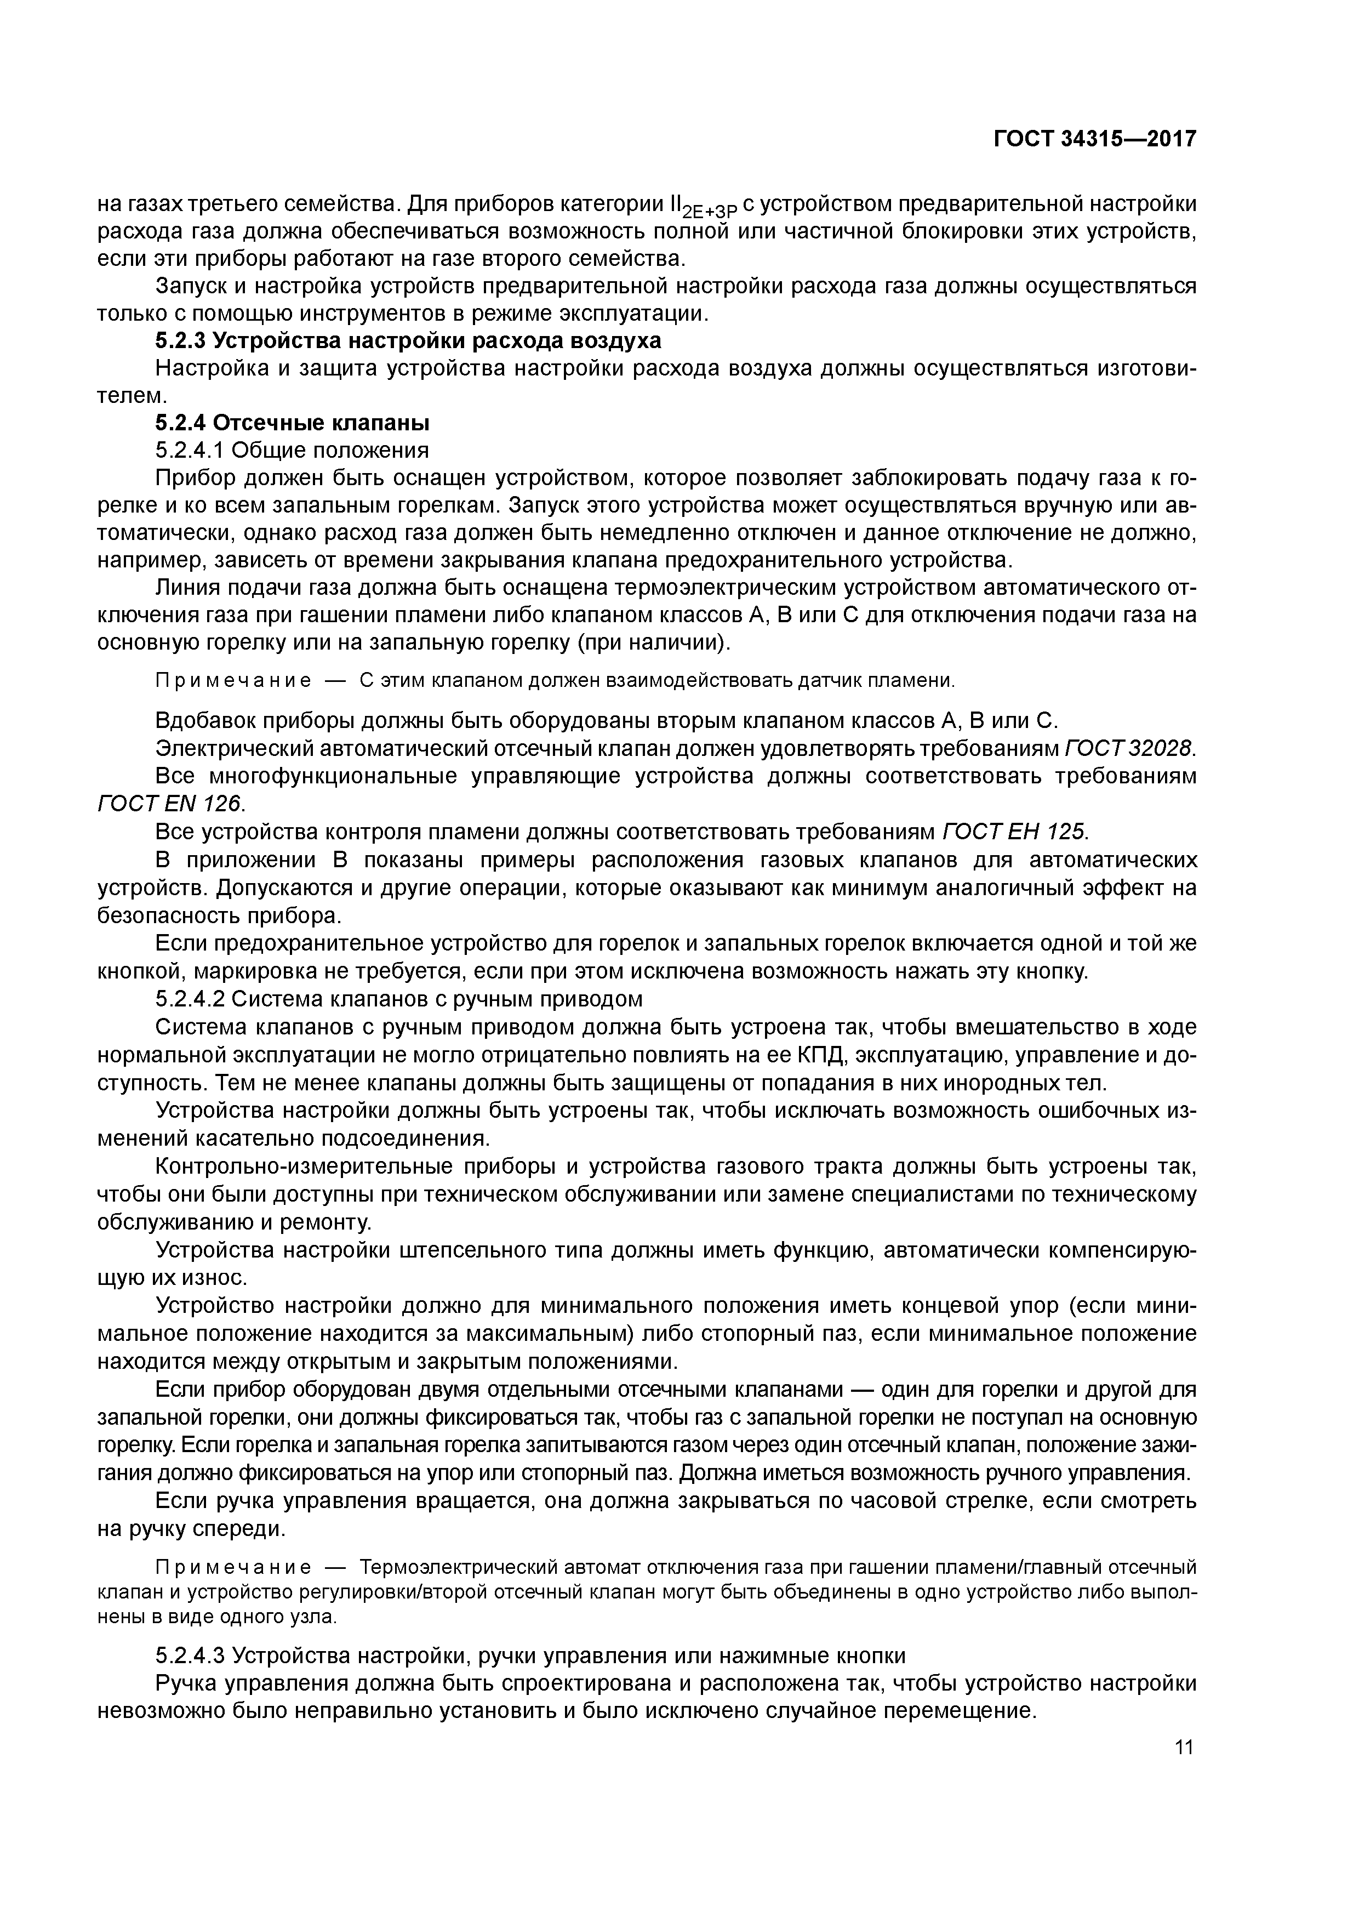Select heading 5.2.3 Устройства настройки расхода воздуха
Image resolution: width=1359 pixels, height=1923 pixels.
(x=408, y=341)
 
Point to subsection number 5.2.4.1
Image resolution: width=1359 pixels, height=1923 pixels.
(x=189, y=451)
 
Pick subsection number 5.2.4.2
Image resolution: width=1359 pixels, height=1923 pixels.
(x=189, y=999)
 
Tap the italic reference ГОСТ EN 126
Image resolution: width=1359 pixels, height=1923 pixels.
(x=171, y=803)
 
